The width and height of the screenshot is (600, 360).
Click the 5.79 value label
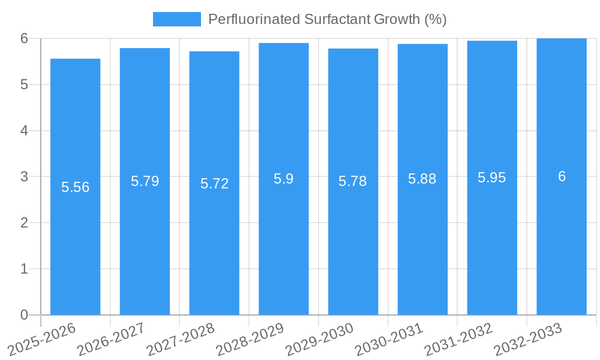(145, 181)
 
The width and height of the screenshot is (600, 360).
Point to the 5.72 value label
(214, 184)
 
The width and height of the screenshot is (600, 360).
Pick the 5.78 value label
(353, 181)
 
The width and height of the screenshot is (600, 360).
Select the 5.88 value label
(422, 179)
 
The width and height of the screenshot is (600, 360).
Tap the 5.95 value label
(492, 178)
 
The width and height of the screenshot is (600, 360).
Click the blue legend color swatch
(177, 19)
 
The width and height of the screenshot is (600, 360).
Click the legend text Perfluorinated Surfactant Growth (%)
(327, 19)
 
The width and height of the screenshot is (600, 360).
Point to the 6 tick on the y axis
(24, 38)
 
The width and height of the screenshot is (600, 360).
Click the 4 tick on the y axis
(24, 131)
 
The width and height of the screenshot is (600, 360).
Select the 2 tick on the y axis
(24, 223)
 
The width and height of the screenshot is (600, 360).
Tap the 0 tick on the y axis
(24, 315)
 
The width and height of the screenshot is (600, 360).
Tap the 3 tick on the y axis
(24, 177)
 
